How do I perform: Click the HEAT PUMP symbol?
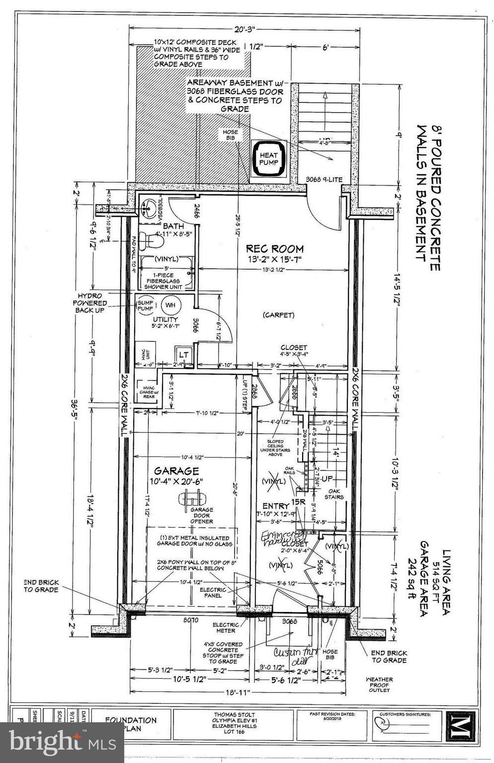269,158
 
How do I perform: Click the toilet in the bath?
151,242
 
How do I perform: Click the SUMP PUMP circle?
145,305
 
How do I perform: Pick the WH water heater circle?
170,305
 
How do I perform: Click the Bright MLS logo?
62,743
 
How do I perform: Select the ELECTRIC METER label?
226,627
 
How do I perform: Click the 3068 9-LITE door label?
324,179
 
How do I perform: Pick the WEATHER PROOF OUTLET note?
379,685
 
